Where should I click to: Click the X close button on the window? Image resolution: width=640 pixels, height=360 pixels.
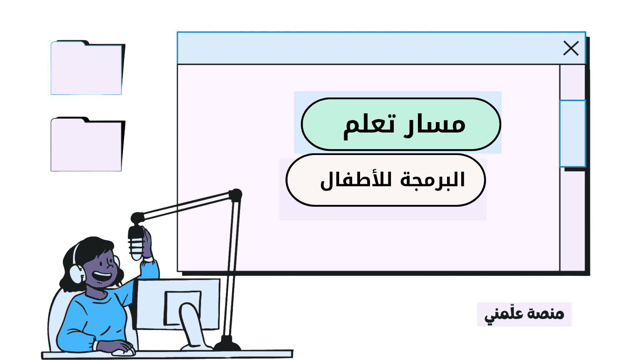pos(571,48)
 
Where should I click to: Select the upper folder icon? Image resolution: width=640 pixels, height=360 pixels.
pos(87,69)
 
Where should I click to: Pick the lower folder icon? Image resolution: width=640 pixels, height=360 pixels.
pos(87,146)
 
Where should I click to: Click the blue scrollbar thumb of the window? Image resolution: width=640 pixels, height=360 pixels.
pos(572,133)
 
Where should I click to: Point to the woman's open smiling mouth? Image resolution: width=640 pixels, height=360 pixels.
pos(102,276)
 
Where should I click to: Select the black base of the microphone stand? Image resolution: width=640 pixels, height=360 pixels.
pos(227,345)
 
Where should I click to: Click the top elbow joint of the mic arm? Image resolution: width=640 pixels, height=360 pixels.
pos(235,195)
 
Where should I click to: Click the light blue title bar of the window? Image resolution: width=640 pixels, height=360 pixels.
pos(367,48)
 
